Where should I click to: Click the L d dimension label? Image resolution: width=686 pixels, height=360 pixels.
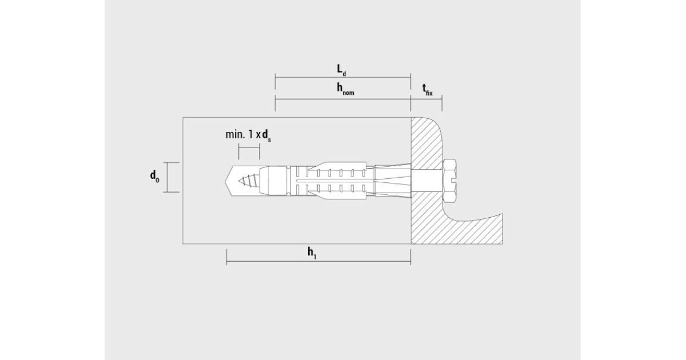click(341, 70)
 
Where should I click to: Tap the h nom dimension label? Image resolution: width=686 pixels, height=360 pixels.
click(345, 89)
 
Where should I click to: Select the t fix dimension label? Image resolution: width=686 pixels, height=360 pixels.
click(428, 90)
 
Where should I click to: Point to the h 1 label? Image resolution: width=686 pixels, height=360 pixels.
click(312, 254)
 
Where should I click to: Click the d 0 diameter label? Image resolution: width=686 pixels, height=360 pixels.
click(155, 177)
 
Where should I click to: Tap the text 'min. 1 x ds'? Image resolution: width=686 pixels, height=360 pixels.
click(248, 135)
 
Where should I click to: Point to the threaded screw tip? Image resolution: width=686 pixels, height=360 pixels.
click(248, 181)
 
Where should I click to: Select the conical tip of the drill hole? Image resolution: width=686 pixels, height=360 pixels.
click(226, 181)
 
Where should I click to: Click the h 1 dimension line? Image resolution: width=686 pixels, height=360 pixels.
click(318, 262)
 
